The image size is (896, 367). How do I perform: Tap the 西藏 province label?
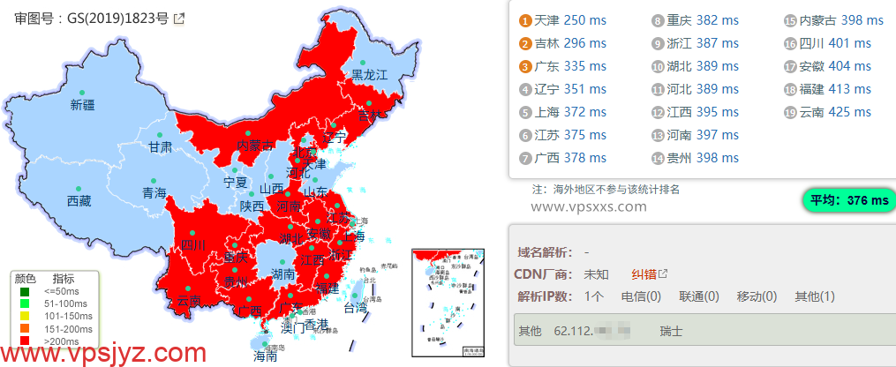point(79,201)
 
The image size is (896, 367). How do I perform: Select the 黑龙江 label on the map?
point(370,75)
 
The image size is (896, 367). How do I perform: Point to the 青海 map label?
point(154,192)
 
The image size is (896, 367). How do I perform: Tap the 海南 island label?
point(266,356)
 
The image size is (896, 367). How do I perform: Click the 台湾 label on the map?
point(355,308)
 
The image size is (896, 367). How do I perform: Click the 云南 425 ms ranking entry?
point(835,112)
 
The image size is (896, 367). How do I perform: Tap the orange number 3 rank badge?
point(524,66)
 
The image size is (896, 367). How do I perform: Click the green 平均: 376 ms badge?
point(846,200)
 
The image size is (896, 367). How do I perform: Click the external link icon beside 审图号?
point(178,18)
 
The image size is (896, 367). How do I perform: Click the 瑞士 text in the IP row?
point(670,331)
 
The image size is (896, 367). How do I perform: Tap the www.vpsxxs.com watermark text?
point(589,206)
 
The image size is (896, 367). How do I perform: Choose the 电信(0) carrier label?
point(641,296)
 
